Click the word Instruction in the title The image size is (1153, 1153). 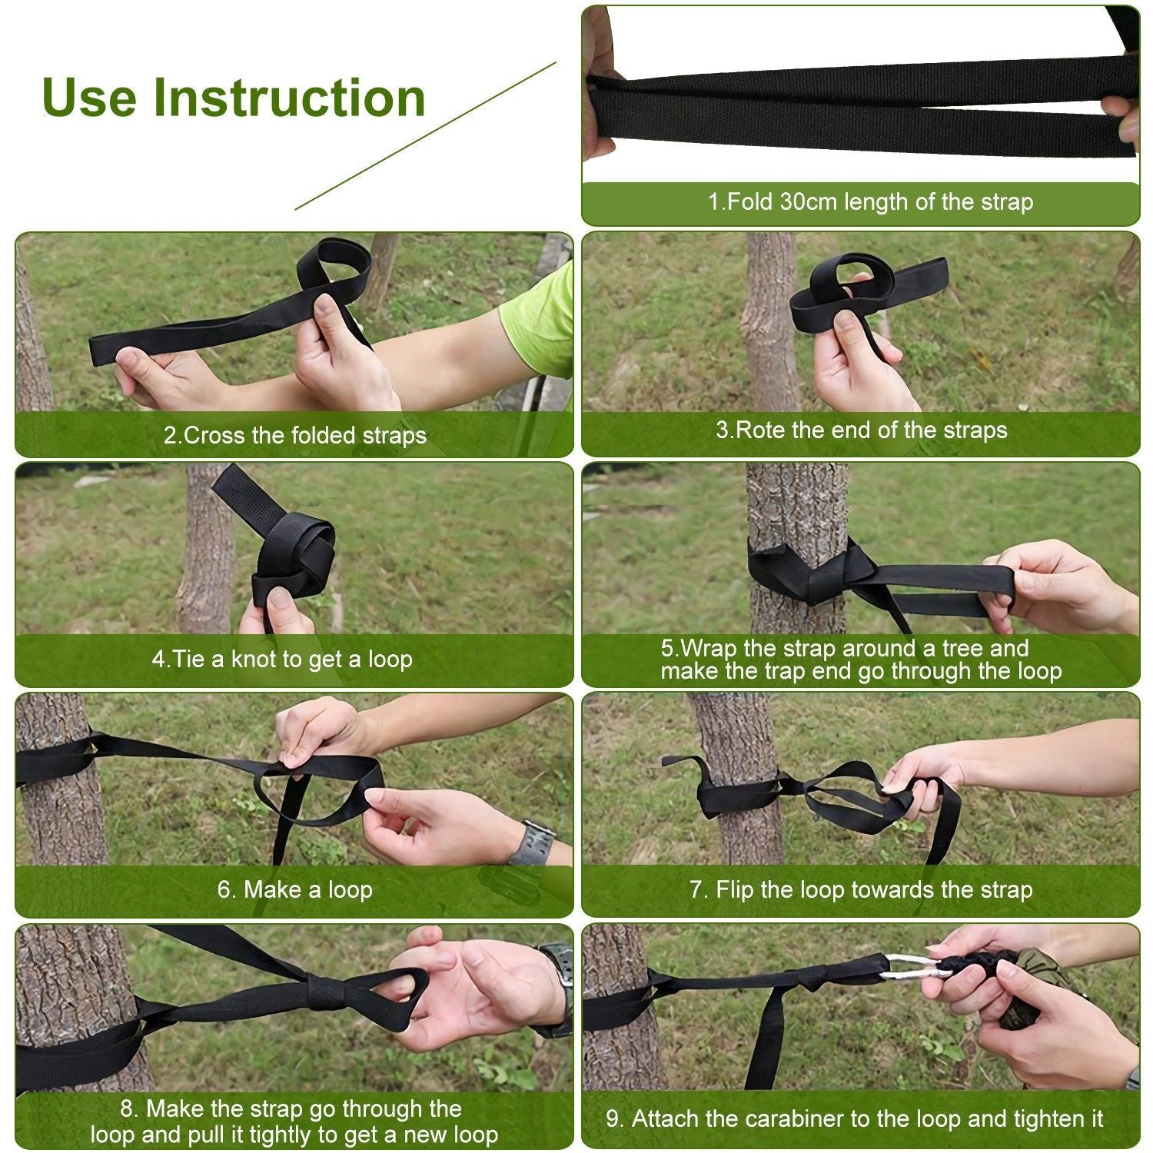tap(289, 98)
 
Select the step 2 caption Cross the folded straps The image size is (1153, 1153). tap(294, 435)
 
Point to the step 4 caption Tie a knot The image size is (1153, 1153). tap(282, 659)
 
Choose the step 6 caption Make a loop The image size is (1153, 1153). tap(294, 889)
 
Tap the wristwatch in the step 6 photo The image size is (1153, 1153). tap(533, 842)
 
